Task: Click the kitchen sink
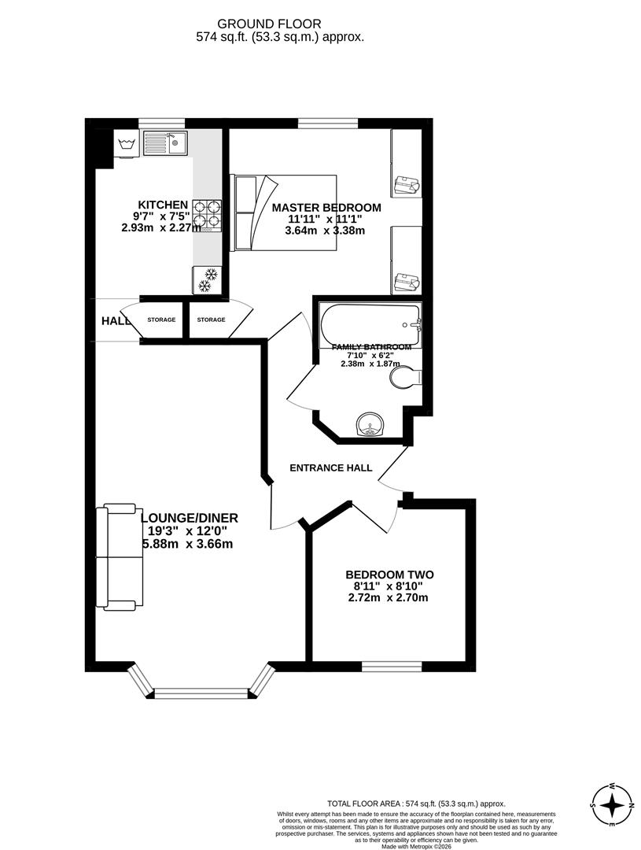tap(164, 142)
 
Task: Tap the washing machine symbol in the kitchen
tap(127, 144)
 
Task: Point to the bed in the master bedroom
tap(284, 213)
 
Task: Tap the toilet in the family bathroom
tap(405, 379)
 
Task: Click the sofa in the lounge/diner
tap(120, 557)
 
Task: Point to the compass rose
tap(612, 805)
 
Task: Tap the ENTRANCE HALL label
tap(330, 468)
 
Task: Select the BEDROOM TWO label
tap(389, 575)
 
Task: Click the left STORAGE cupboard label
tap(161, 320)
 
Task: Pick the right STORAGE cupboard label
tap(211, 320)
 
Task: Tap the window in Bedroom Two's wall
tap(392, 667)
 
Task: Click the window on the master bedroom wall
tap(327, 123)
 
